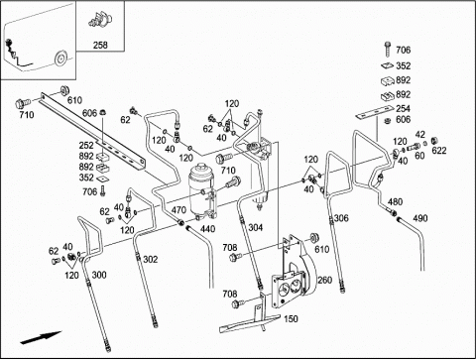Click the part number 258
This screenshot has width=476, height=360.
pyautogui.click(x=100, y=45)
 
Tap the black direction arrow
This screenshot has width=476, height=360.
pyautogui.click(x=41, y=337)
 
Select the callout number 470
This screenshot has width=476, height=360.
pyautogui.click(x=178, y=209)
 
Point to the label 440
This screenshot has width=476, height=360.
pyautogui.click(x=207, y=229)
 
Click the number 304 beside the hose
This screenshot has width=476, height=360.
pyautogui.click(x=256, y=227)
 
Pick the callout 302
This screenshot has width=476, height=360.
pyautogui.click(x=151, y=260)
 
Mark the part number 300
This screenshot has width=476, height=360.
pyautogui.click(x=99, y=275)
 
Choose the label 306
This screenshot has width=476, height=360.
pyautogui.click(x=341, y=218)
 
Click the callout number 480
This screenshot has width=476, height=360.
pyautogui.click(x=395, y=201)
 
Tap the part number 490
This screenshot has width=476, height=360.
pyautogui.click(x=420, y=218)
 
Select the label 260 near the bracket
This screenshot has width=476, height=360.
pyautogui.click(x=324, y=280)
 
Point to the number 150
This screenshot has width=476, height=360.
pyautogui.click(x=291, y=318)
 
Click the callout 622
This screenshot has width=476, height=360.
pyautogui.click(x=439, y=151)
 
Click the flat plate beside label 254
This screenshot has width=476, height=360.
pyautogui.click(x=372, y=113)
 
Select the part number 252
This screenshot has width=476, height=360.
pyautogui.click(x=86, y=145)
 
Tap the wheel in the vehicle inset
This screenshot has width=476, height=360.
pyautogui.click(x=60, y=59)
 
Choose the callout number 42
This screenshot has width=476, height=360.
pyautogui.click(x=419, y=135)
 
